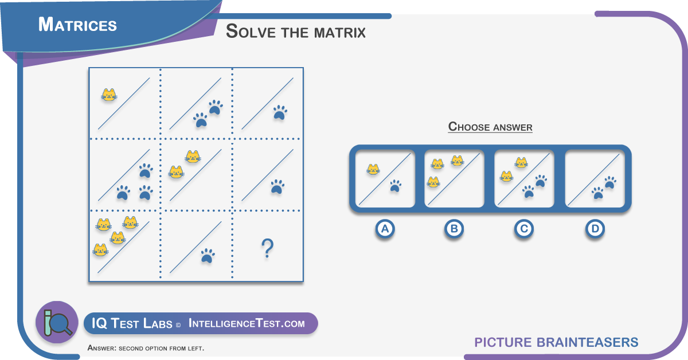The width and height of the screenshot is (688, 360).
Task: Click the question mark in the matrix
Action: [x=267, y=248]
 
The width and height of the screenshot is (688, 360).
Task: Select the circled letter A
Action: [x=385, y=229]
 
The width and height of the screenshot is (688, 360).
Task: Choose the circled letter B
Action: [x=454, y=229]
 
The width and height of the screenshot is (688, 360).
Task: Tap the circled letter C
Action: [x=524, y=229]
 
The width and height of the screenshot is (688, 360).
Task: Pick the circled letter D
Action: [x=595, y=229]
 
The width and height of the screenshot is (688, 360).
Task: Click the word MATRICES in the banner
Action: [x=77, y=25]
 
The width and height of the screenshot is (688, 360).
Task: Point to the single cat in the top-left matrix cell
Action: [x=109, y=95]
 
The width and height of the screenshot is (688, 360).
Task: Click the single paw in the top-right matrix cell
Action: [x=280, y=112]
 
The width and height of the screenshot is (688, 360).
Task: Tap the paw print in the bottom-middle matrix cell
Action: [x=208, y=256]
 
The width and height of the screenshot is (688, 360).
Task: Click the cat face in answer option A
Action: [x=373, y=169]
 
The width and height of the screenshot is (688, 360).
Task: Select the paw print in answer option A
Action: [x=396, y=186]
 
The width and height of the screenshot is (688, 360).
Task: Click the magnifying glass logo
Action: [x=57, y=322]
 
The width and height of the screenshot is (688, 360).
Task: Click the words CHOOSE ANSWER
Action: [x=490, y=127]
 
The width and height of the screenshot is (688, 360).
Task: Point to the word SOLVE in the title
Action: [x=251, y=32]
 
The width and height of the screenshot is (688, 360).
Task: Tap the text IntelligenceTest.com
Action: [x=247, y=323]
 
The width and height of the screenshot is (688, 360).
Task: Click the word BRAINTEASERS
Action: [x=587, y=342]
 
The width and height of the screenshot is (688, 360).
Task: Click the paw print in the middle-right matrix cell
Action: [x=277, y=187]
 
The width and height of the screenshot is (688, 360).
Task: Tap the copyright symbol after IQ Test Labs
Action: [x=178, y=325]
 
